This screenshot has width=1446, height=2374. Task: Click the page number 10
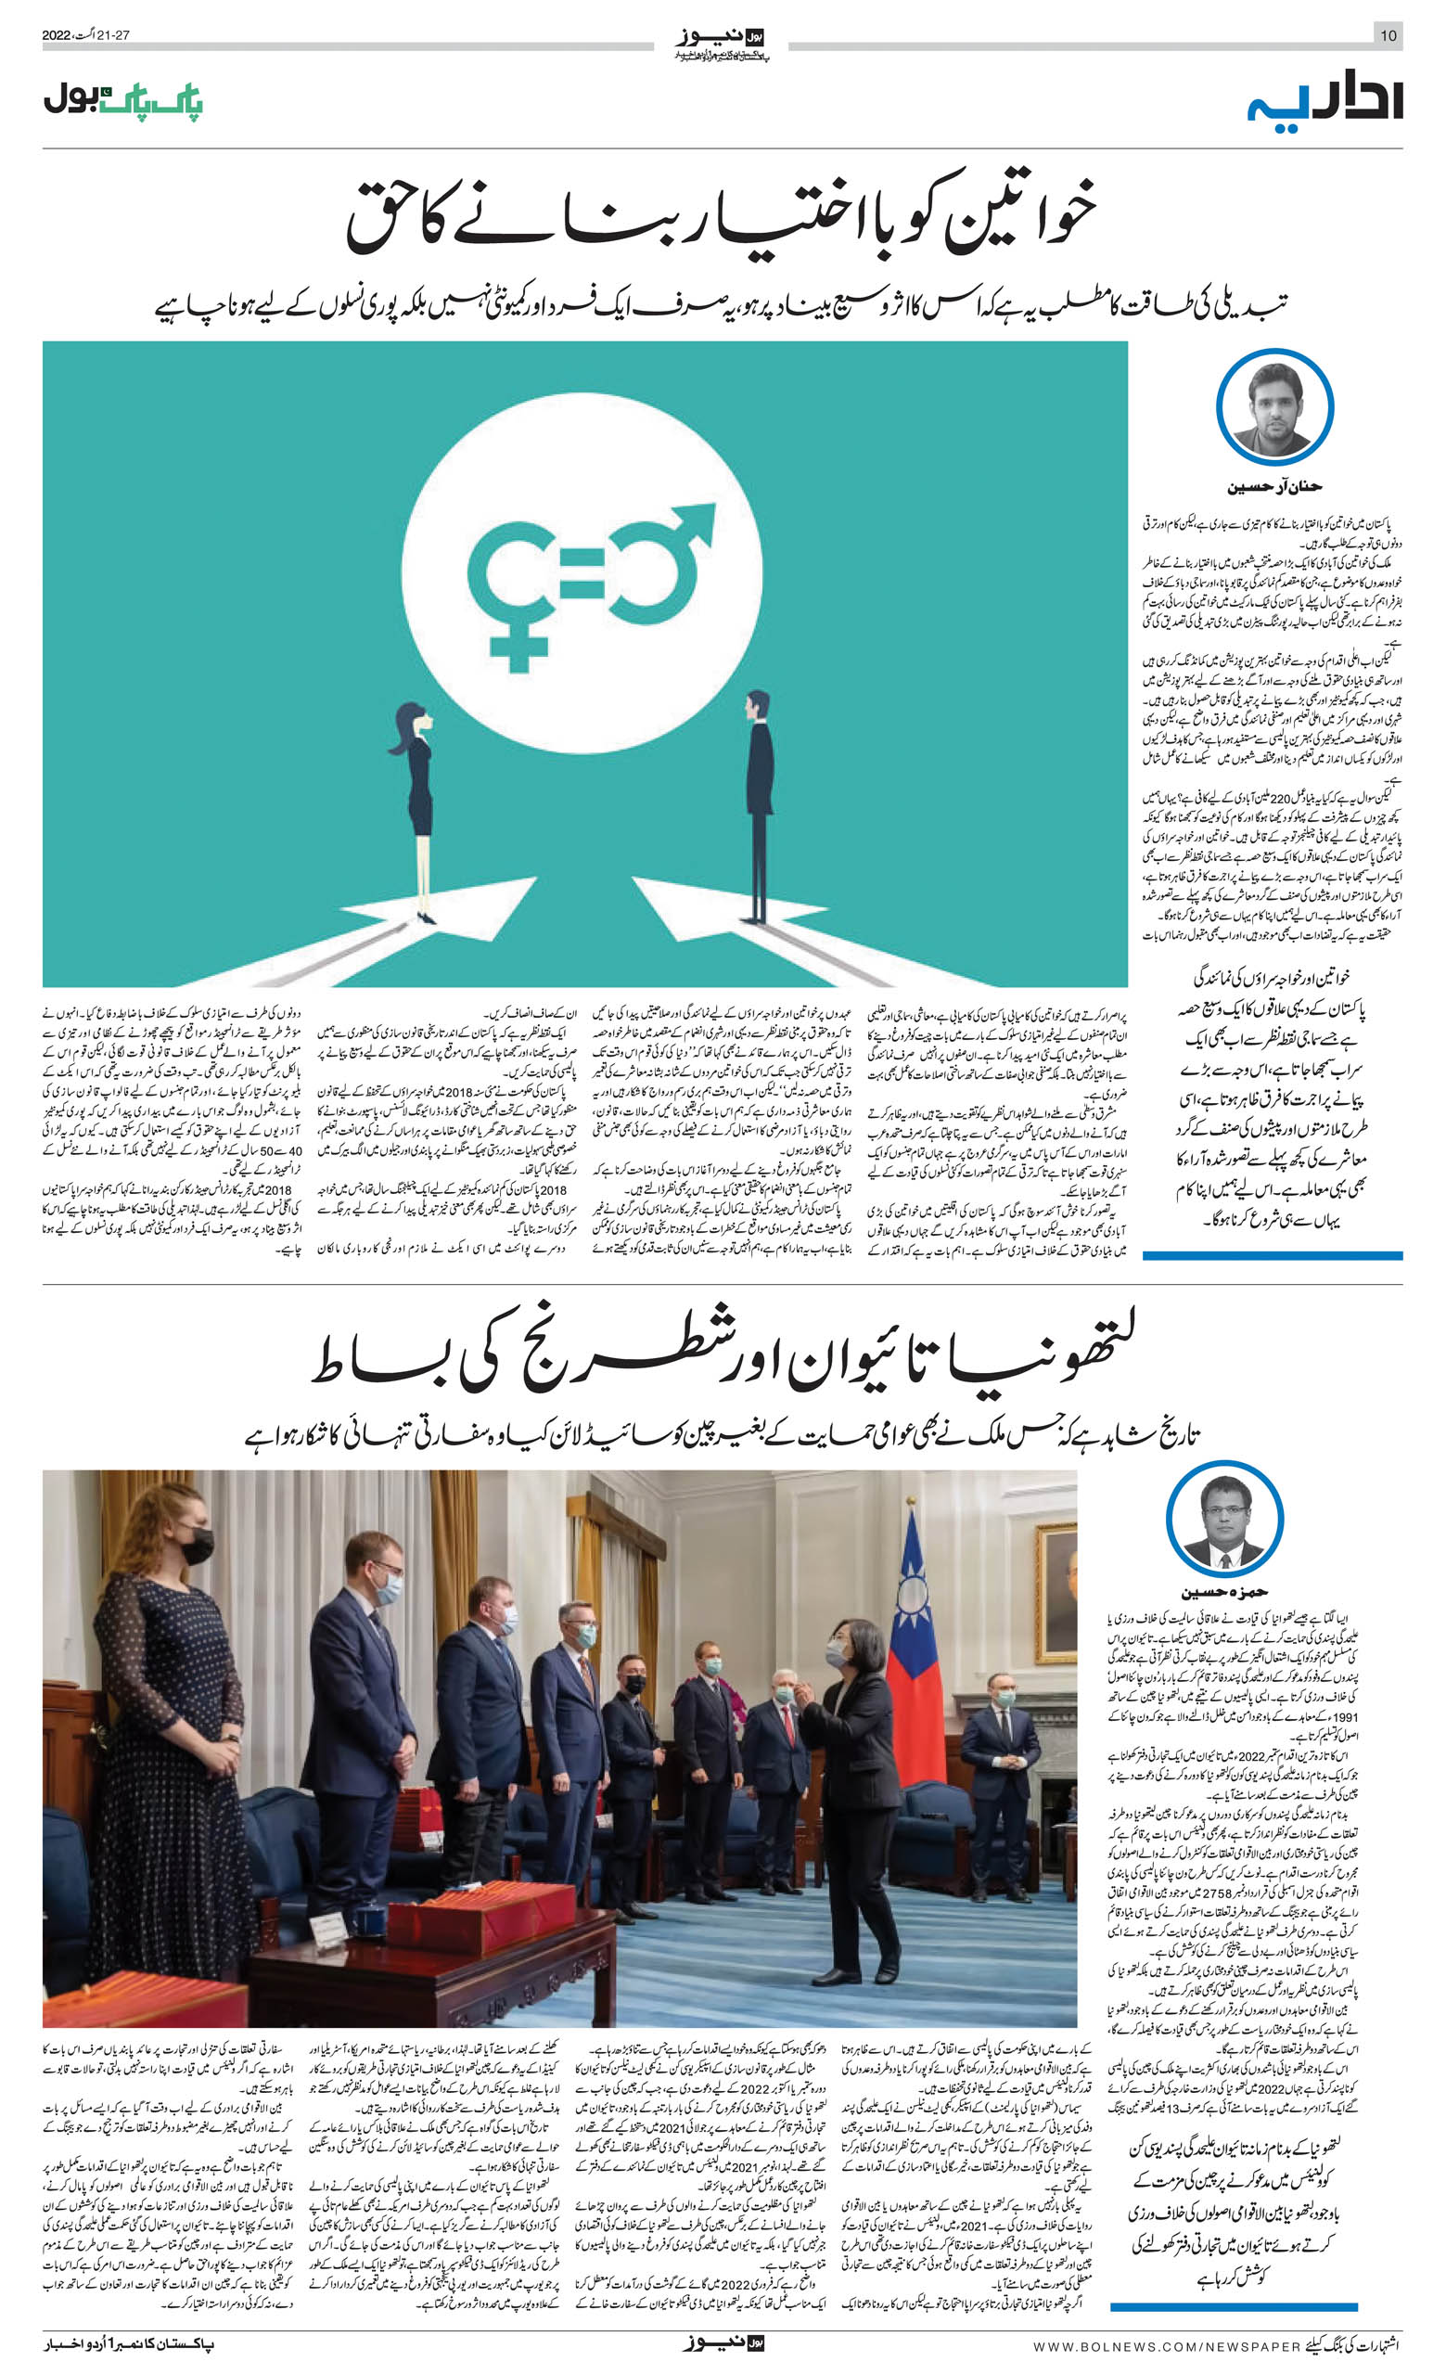click(1388, 35)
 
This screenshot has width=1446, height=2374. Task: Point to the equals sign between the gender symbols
click(581, 574)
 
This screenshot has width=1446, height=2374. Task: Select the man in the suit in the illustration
click(759, 804)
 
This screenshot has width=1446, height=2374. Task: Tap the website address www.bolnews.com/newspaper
click(1165, 2352)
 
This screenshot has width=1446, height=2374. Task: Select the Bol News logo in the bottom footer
click(723, 2350)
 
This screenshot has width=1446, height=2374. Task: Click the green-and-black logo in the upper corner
click(123, 99)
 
